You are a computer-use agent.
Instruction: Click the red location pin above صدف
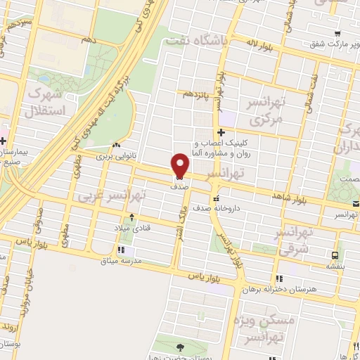180,165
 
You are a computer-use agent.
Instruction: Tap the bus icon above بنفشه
335,255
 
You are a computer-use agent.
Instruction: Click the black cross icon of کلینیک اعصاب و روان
221,131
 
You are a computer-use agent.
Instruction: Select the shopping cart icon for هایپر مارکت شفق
338,34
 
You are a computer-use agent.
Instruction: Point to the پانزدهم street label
198,94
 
